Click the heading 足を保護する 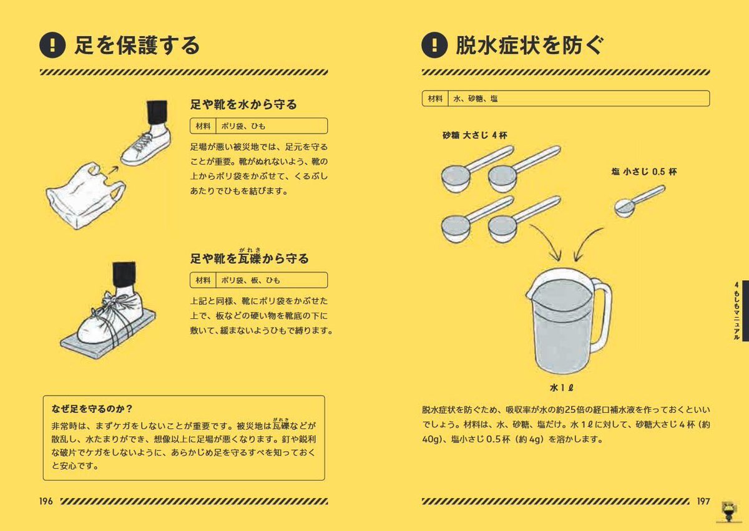click(137, 45)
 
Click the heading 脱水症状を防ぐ click(529, 45)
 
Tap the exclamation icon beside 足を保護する click(52, 45)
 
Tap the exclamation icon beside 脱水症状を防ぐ click(434, 45)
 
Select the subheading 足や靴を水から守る click(243, 104)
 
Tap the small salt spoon click(627, 207)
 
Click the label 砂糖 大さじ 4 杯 click(475, 135)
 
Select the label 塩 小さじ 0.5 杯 click(644, 172)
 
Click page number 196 click(47, 501)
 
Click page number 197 click(702, 501)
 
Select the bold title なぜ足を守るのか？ click(92, 409)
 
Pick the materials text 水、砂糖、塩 click(476, 99)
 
